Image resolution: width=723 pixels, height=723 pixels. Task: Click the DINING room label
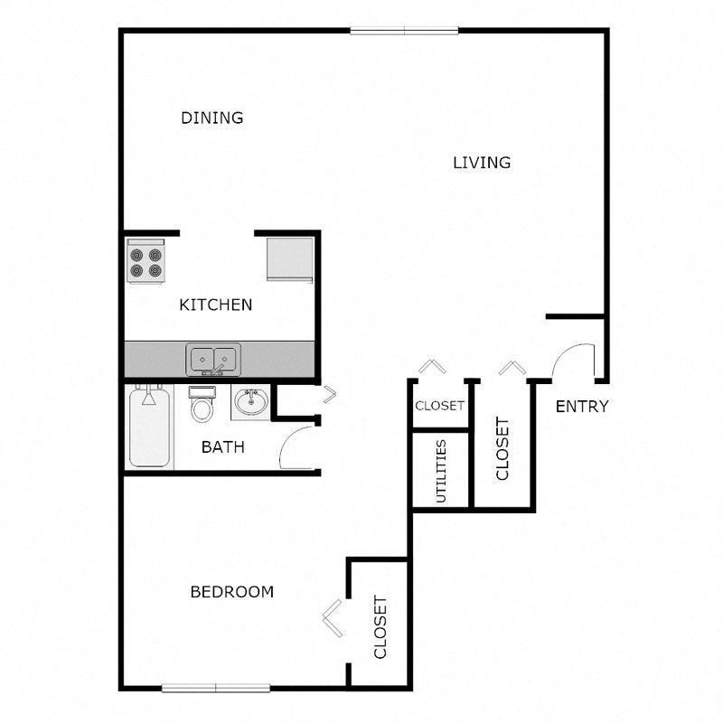(212, 118)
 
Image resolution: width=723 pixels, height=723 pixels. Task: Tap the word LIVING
(482, 163)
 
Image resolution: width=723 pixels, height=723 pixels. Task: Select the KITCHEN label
(216, 305)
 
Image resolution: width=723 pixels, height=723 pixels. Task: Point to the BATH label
(222, 446)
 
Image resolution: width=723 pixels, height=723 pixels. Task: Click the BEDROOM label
(232, 592)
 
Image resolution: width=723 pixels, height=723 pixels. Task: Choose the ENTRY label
(582, 406)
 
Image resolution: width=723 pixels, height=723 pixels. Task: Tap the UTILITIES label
(441, 471)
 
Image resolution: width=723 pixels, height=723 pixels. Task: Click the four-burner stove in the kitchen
(146, 261)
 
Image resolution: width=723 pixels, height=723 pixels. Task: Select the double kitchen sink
(213, 359)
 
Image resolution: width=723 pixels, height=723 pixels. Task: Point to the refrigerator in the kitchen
(290, 259)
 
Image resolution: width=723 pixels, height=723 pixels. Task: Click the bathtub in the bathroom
(149, 427)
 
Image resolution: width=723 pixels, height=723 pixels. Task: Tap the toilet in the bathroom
(202, 404)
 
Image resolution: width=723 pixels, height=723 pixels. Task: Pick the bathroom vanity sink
(250, 401)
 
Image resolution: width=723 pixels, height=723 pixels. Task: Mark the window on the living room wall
(404, 31)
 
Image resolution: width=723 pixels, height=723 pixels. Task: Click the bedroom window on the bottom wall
(216, 689)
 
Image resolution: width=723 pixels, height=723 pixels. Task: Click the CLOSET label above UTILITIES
(440, 406)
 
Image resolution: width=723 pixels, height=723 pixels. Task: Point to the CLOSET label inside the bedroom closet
(380, 627)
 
